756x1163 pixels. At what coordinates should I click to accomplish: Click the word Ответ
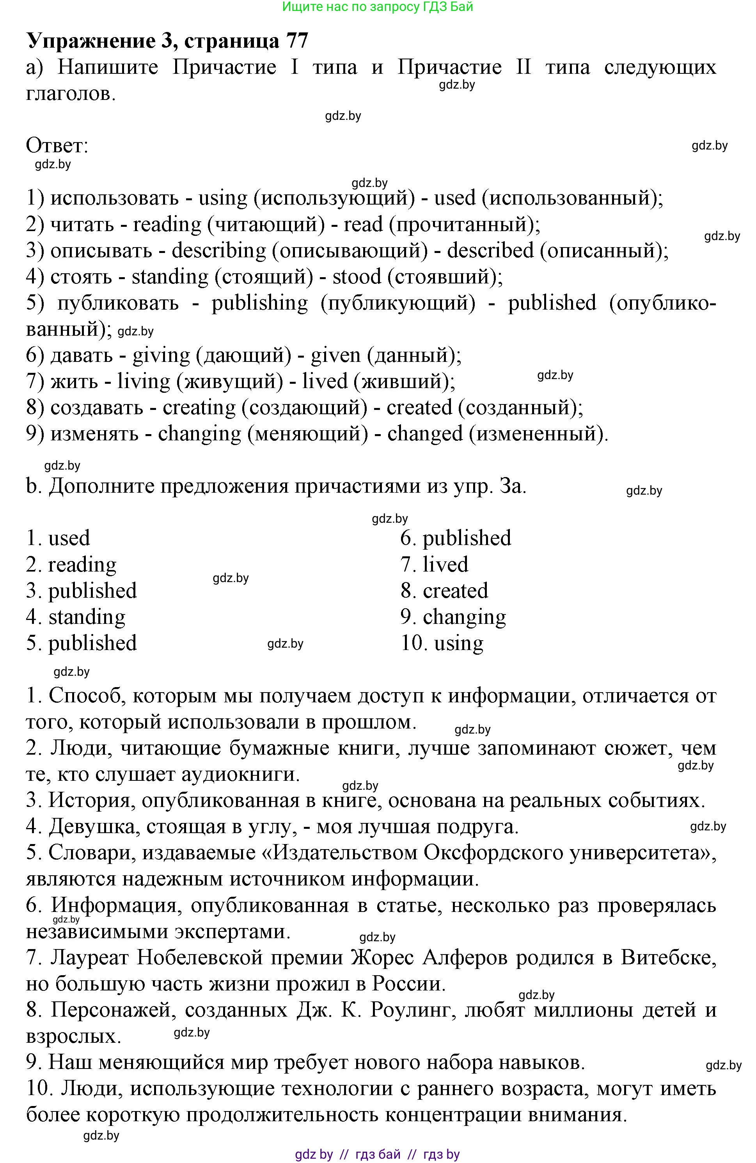(x=57, y=146)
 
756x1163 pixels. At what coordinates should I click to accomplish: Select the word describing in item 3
(x=219, y=251)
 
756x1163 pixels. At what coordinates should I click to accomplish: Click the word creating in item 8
(x=199, y=408)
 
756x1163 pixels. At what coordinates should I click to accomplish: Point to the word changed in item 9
(x=424, y=434)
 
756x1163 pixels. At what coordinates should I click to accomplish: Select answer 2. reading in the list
(x=71, y=565)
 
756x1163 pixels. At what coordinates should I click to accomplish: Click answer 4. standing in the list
(x=76, y=617)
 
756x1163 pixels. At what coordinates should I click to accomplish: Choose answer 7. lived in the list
(x=434, y=565)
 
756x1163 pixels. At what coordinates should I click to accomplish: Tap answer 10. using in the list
(x=442, y=643)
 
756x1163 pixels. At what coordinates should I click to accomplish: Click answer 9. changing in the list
(x=453, y=617)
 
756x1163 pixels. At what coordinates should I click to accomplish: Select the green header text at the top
(x=378, y=7)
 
